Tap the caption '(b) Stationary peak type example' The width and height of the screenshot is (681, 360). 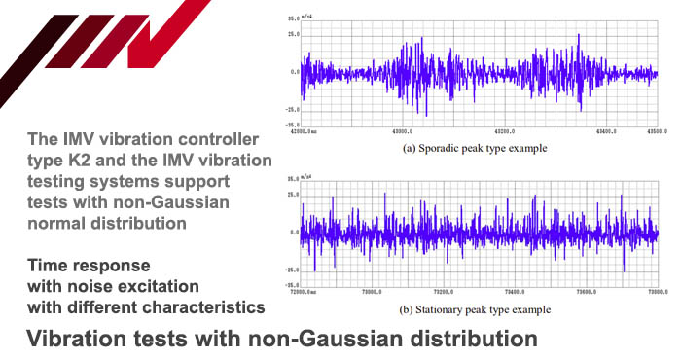[x=474, y=309]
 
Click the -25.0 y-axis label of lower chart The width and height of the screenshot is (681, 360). [x=291, y=270]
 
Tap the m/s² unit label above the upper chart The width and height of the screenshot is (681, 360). [x=312, y=18]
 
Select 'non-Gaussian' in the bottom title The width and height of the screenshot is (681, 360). [x=334, y=341]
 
